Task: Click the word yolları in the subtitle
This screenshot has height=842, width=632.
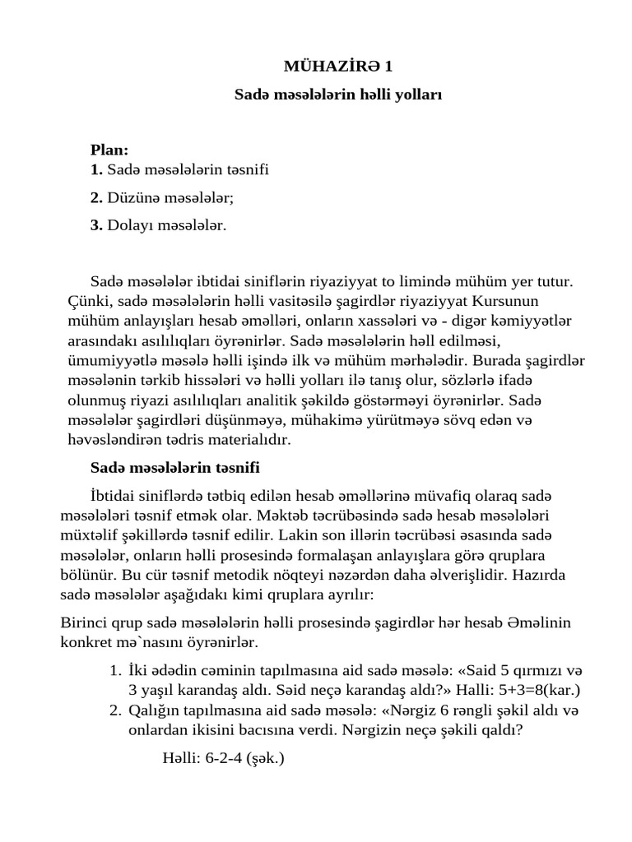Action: point(419,95)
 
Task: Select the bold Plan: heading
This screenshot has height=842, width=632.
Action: point(109,150)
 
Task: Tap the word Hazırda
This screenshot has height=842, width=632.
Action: point(538,573)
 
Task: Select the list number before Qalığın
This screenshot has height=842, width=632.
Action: point(116,710)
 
